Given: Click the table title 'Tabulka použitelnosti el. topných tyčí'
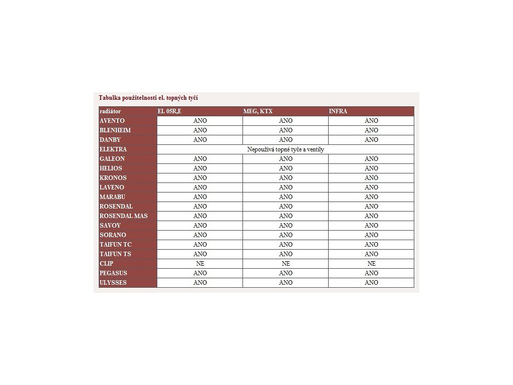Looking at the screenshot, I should pos(148,98).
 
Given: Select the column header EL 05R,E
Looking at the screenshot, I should pos(169,111).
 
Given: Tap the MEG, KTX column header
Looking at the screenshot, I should pos(258,111).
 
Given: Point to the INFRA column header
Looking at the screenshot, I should pos(338,111).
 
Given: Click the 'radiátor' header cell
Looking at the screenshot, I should pos(110,111).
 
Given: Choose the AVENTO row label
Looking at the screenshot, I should pos(112,121).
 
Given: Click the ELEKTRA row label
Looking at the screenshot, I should pos(113,149).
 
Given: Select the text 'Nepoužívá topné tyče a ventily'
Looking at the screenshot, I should pos(286,149).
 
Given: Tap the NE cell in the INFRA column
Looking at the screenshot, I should pos(371,264).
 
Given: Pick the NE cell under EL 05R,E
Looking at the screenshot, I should pos(200,264).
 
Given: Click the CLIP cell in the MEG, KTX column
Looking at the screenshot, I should pos(286,264).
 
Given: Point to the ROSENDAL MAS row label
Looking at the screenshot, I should pos(124,216).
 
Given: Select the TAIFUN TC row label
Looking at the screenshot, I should pos(116,245).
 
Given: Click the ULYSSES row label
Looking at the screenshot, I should pos(113,283).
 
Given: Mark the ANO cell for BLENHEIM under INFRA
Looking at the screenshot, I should pos(371,130).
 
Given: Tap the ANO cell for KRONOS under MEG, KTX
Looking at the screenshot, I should pos(286,178).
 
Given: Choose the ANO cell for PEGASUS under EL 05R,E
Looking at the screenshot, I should pos(200,273).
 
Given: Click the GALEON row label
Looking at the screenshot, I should pos(112,159).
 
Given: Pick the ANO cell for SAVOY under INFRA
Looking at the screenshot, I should pos(371,226).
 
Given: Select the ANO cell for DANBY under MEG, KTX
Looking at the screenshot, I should pos(286,140).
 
